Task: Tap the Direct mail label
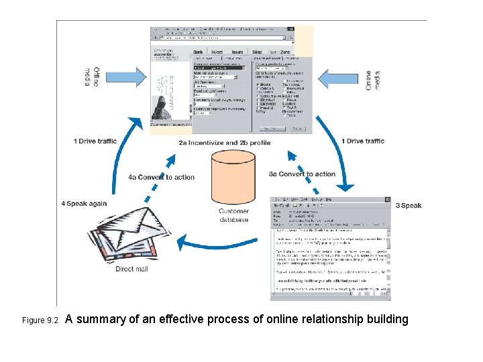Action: [x=131, y=269]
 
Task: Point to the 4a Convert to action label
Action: [x=161, y=178]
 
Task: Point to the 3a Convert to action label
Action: [x=302, y=174]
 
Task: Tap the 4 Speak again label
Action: [x=84, y=204]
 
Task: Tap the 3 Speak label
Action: [x=409, y=206]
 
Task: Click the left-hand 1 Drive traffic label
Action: [x=95, y=141]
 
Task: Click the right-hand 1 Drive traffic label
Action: [x=363, y=141]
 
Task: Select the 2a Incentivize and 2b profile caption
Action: [x=224, y=143]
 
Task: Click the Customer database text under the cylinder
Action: [x=233, y=215]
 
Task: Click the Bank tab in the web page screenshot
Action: [x=199, y=51]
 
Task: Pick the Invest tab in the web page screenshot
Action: [x=217, y=51]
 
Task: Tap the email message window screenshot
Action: [x=330, y=248]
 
